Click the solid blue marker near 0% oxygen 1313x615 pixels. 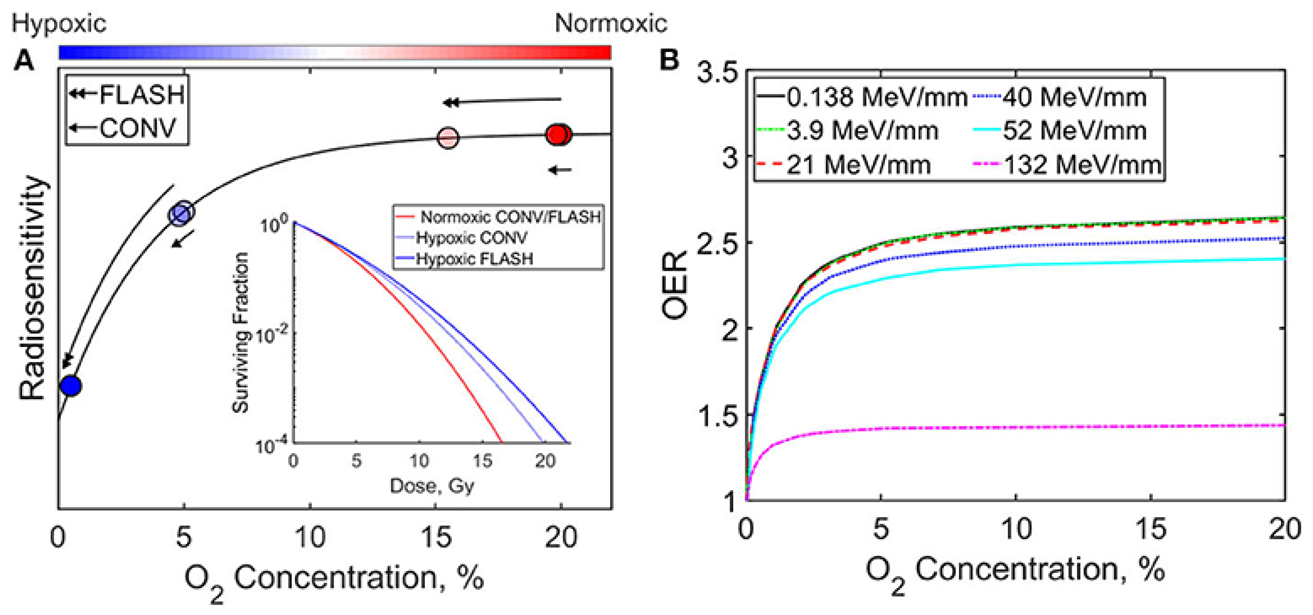[x=71, y=386]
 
